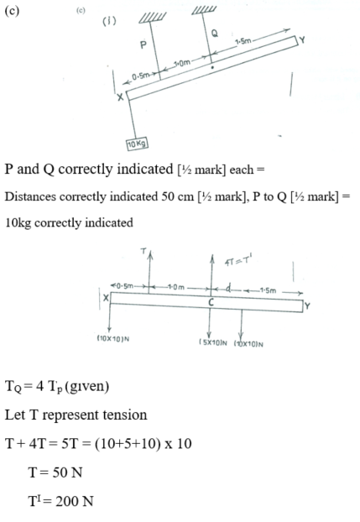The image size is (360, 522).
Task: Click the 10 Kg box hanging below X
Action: [x=138, y=144]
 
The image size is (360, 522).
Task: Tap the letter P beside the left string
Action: [x=143, y=44]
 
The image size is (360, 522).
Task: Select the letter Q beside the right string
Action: [x=215, y=34]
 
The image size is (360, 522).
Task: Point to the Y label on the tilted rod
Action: [x=302, y=40]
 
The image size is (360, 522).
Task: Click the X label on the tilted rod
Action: [x=120, y=97]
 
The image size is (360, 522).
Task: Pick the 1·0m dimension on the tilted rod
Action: [x=182, y=63]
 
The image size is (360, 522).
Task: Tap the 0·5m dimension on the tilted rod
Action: [x=140, y=76]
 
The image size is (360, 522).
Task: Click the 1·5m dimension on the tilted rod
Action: [x=243, y=42]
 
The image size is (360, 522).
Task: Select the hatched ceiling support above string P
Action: [x=152, y=18]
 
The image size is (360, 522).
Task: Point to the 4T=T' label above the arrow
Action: [x=238, y=261]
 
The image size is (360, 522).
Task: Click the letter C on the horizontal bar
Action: [x=211, y=302]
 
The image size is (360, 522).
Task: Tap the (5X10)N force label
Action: [x=213, y=342]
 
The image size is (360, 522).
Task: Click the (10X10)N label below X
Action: [x=113, y=339]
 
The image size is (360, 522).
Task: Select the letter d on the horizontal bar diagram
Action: [x=228, y=287]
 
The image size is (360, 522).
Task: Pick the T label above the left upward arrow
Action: [x=143, y=251]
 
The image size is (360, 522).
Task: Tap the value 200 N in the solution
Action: [x=75, y=501]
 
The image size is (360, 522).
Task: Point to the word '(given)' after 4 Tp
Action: [x=87, y=387]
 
